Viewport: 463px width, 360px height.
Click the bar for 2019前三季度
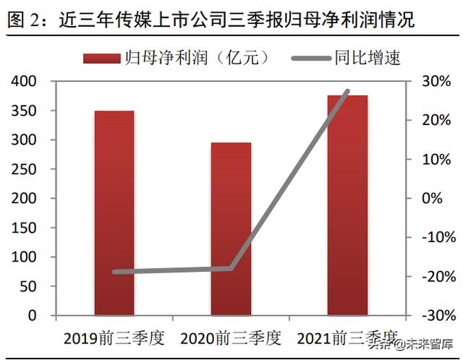(114, 213)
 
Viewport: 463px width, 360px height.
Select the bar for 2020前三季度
(231, 229)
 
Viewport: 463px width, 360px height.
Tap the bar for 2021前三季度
(347, 205)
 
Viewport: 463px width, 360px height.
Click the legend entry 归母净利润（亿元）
(177, 57)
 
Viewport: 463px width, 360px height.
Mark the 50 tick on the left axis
(29, 286)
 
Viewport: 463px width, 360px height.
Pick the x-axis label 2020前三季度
(231, 338)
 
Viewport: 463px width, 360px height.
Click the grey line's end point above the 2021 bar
(347, 92)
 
